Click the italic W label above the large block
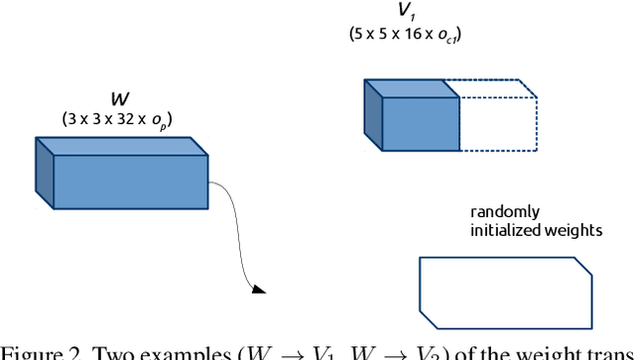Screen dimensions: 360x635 (x=120, y=100)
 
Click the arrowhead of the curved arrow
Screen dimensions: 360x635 (x=259, y=289)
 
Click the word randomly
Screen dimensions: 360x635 (x=506, y=212)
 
